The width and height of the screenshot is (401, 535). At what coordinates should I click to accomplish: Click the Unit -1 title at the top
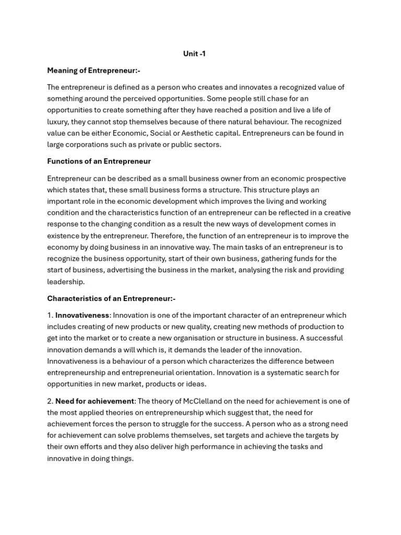pos(194,54)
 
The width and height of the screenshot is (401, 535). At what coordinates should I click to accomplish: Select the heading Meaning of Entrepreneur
pos(93,70)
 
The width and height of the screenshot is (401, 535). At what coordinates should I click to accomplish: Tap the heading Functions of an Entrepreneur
pos(99,161)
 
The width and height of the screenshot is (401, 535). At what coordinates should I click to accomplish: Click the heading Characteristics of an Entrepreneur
pos(111,298)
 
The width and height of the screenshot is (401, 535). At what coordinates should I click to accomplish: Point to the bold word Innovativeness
pos(82,315)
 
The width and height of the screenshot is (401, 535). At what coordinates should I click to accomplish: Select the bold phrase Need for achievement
pos(95,401)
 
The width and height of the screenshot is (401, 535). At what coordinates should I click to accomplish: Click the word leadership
pos(65,282)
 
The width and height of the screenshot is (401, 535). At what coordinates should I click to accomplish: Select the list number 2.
pos(50,401)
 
